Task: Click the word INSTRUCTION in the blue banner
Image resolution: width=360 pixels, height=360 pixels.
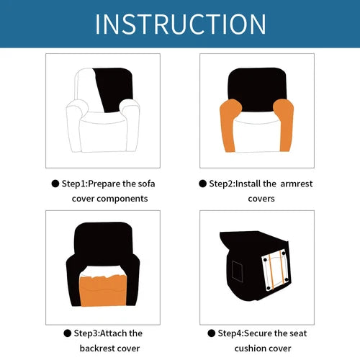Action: [x=181, y=24]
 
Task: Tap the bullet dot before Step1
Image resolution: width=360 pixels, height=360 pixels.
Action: [x=55, y=184]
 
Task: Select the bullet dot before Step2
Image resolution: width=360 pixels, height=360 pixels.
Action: [x=202, y=184]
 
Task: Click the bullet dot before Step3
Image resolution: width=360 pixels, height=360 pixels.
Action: [x=68, y=333]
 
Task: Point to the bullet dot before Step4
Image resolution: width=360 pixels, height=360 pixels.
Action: [x=212, y=333]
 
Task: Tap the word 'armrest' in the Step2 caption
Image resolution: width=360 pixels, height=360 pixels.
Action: [x=297, y=184]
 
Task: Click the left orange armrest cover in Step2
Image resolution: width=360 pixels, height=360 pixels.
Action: [x=230, y=125]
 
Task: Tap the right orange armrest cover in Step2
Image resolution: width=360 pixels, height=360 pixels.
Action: [x=284, y=125]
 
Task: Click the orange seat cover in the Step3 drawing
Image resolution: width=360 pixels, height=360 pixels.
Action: [x=103, y=291]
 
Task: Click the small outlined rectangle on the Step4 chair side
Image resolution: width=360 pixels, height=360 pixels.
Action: [x=237, y=271]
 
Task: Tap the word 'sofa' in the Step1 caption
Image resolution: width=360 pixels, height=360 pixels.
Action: [x=146, y=184]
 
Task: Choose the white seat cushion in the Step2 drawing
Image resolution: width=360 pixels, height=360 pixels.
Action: [x=257, y=135]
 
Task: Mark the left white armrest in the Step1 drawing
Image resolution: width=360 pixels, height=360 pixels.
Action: [x=74, y=125]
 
